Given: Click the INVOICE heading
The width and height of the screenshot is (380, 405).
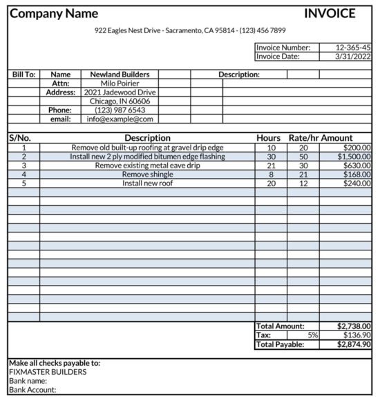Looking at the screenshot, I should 330,13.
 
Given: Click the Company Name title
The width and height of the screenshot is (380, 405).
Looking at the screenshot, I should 54,13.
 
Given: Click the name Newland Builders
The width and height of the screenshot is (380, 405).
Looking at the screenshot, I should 120,75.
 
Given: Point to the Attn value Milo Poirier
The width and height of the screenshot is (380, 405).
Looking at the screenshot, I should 120,83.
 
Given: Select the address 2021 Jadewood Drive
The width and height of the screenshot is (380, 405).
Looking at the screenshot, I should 120,92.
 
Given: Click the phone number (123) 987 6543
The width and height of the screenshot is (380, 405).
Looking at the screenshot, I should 120,110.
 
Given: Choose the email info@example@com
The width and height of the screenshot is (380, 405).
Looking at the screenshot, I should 120,119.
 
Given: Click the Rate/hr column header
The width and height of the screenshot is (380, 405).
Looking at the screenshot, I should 303,138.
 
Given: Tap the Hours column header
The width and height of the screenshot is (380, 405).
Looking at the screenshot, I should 269,138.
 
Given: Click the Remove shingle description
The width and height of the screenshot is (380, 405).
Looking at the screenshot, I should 147,175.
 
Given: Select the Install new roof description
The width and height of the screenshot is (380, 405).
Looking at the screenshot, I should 147,184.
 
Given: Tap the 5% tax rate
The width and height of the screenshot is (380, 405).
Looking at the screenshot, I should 313,335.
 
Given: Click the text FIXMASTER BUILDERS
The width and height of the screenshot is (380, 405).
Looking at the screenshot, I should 48,372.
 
